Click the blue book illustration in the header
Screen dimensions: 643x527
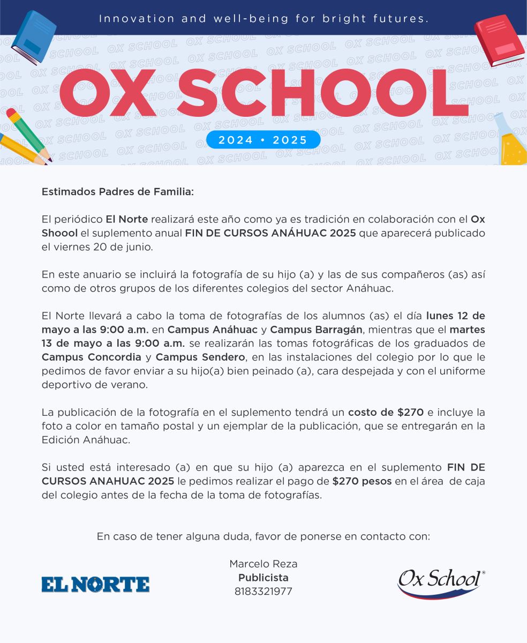click(33, 37)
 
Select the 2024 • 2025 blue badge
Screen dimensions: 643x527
click(263, 140)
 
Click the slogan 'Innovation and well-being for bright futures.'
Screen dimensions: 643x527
click(263, 19)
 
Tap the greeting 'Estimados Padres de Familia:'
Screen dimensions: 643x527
click(117, 192)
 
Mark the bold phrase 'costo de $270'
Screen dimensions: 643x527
click(386, 412)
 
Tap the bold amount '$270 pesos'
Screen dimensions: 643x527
click(362, 481)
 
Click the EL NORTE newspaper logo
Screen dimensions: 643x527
click(95, 584)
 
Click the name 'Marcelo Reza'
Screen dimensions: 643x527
click(263, 564)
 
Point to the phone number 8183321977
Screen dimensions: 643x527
click(263, 592)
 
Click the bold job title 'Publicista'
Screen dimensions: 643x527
click(263, 578)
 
